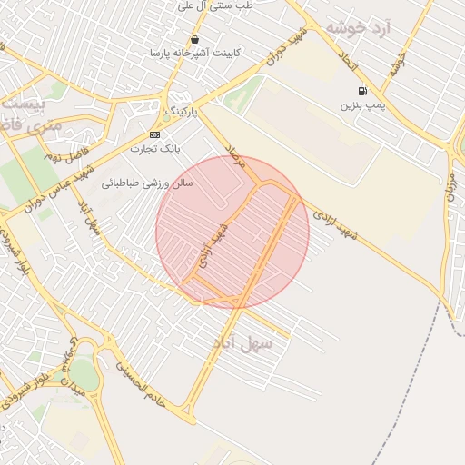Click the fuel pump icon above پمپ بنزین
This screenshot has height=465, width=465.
pyautogui.click(x=363, y=91)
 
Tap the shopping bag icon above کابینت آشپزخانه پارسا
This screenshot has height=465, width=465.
pyautogui.click(x=195, y=39)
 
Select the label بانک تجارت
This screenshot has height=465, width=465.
pyautogui.click(x=156, y=147)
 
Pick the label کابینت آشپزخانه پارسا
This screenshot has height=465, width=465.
pyautogui.click(x=195, y=53)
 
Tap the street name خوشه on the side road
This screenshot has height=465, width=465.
pyautogui.click(x=397, y=63)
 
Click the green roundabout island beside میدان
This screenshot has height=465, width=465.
pyautogui.click(x=83, y=371)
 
